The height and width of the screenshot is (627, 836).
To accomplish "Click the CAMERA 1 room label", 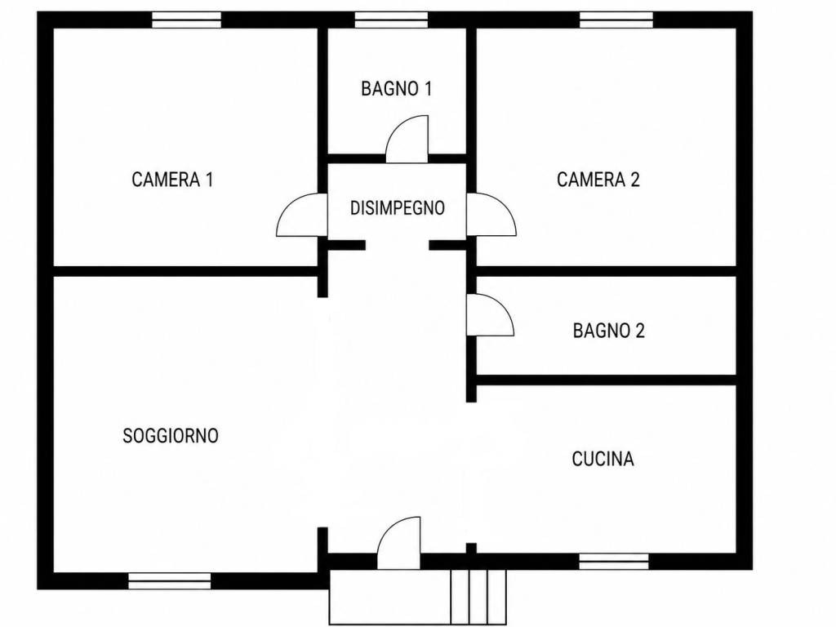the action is (x=172, y=180).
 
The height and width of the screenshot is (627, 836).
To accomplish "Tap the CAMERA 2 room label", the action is (x=598, y=180).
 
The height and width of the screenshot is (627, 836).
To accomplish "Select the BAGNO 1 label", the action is (x=396, y=88).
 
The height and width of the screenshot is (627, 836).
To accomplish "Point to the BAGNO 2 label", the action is (x=609, y=331).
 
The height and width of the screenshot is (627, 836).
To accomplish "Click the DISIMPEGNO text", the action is (x=398, y=208).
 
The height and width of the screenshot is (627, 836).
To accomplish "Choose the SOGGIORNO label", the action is (x=171, y=436).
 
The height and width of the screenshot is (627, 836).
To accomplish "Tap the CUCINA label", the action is (x=603, y=459).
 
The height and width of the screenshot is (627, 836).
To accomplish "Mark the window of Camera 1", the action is (x=187, y=20).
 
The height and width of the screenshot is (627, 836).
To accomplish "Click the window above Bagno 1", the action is (x=391, y=20).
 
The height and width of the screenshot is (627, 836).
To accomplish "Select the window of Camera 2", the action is (x=616, y=20).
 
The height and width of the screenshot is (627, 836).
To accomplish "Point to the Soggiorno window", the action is (x=170, y=581).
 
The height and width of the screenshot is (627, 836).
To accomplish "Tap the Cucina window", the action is (x=614, y=562).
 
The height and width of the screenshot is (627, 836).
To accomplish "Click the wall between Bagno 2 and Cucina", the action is (x=607, y=380).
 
